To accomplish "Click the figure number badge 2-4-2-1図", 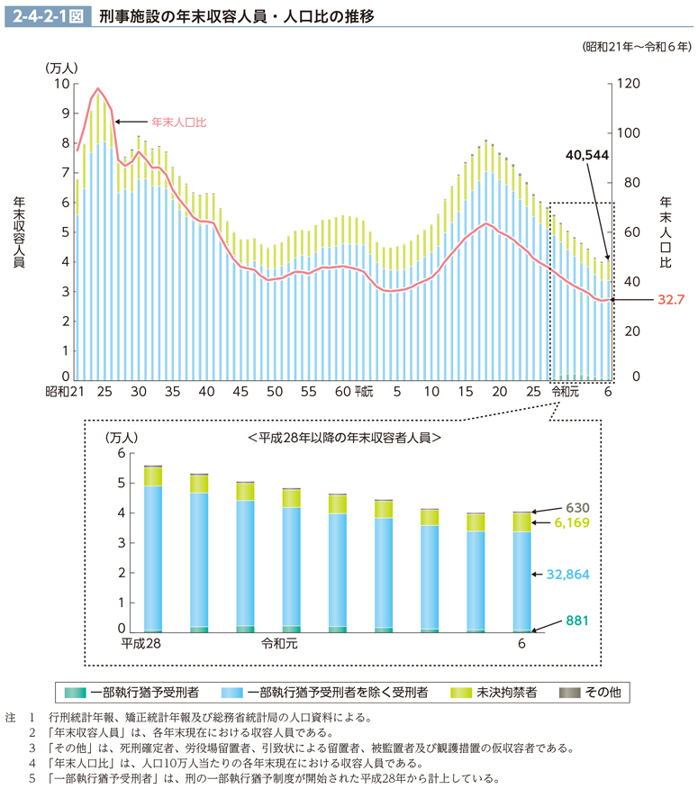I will (x=48, y=16).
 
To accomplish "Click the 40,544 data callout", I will (x=587, y=155).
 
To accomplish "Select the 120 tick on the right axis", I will (x=628, y=84).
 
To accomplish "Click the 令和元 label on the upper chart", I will (x=565, y=393).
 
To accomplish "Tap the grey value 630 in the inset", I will (x=577, y=508).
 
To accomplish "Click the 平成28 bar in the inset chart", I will (x=153, y=549).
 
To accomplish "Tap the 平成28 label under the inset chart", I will (x=141, y=645).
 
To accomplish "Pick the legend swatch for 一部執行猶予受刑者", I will (x=76, y=692).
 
